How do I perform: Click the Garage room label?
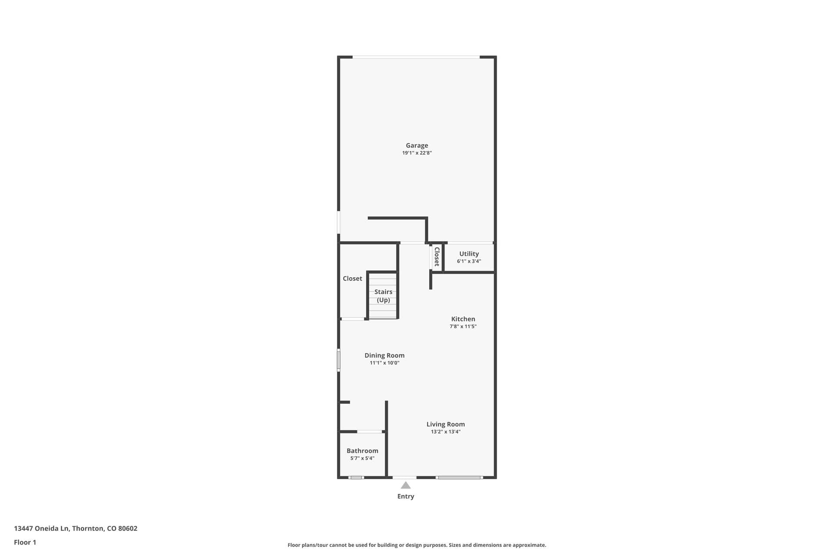click(417, 146)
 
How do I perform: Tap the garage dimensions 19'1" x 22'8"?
click(417, 153)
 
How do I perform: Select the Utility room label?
click(469, 254)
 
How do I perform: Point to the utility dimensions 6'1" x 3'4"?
click(469, 261)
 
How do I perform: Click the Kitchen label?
click(463, 319)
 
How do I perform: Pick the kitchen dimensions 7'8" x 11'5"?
click(463, 326)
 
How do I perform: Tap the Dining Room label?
click(384, 355)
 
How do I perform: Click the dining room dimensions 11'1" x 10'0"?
click(384, 363)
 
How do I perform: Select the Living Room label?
click(446, 424)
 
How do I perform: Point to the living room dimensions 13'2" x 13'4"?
click(446, 432)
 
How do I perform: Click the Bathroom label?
click(362, 451)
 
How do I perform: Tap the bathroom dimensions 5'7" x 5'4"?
click(362, 458)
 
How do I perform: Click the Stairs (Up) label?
click(383, 296)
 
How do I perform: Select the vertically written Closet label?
click(437, 257)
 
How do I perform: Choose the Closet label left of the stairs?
click(352, 278)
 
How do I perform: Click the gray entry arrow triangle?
click(406, 485)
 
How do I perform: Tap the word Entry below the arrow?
click(406, 496)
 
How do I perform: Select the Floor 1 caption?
click(25, 542)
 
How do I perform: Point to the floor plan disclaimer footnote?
click(417, 545)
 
